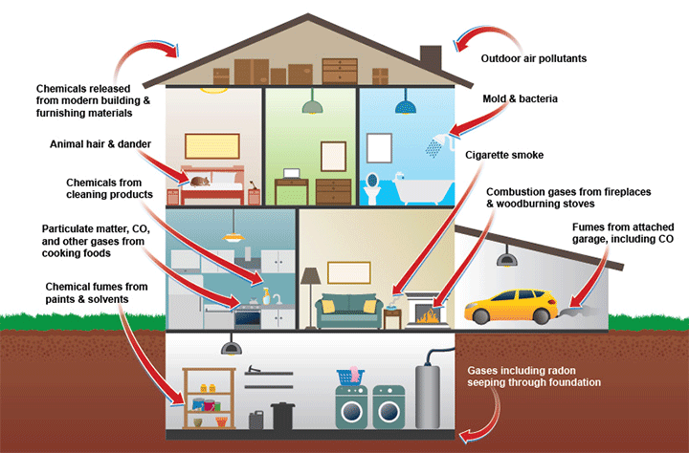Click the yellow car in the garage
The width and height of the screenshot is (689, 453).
click(511, 306)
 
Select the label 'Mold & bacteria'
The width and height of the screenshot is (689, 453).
click(520, 98)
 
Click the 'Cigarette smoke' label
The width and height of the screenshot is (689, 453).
click(504, 155)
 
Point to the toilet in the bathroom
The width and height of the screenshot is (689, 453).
click(371, 188)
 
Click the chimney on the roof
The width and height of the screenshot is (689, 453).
click(431, 59)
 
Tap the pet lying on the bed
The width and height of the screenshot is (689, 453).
click(200, 182)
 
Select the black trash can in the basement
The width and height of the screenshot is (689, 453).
click(282, 416)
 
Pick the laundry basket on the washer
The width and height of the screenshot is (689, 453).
click(350, 377)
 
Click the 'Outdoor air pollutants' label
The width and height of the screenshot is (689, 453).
click(533, 58)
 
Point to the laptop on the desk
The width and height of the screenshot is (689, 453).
click(291, 174)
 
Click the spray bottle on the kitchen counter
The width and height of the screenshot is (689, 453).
click(266, 296)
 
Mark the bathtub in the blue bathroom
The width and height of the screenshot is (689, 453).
click(423, 189)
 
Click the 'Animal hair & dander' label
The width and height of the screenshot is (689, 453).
click(100, 144)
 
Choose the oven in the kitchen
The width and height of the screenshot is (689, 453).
click(248, 317)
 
